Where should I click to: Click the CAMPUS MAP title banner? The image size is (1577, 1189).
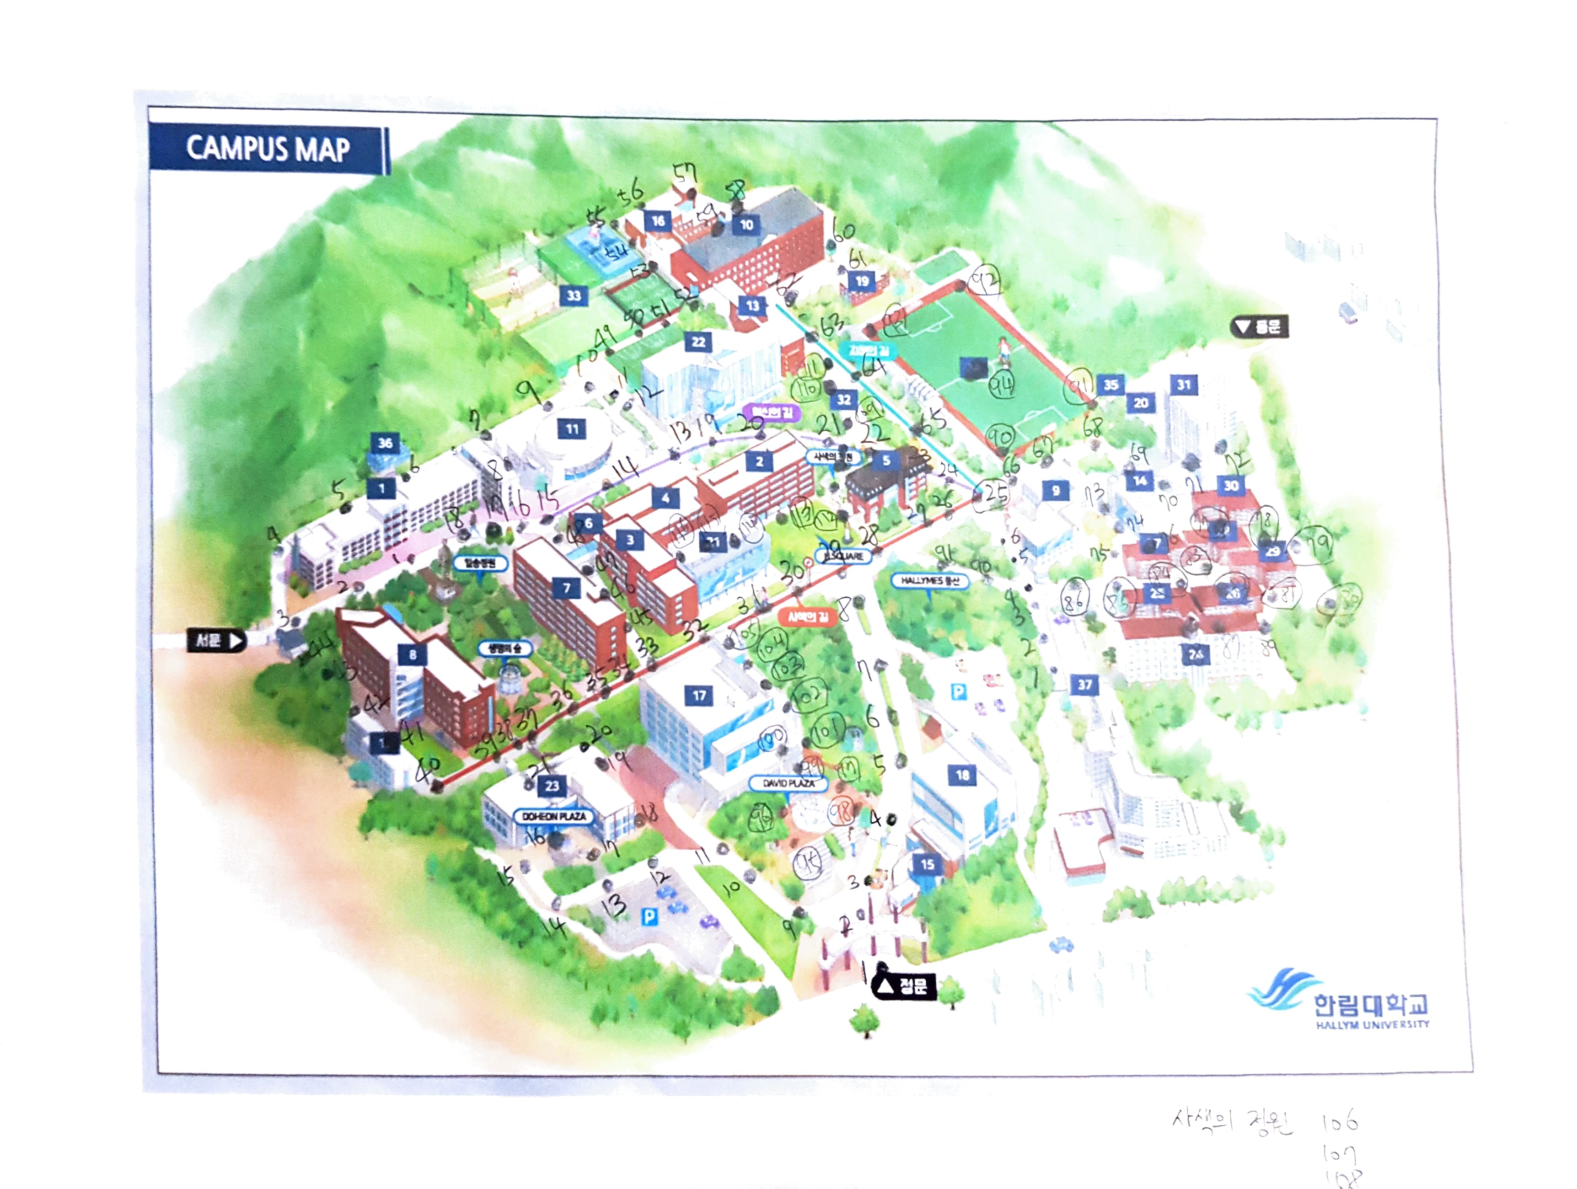pos(268,149)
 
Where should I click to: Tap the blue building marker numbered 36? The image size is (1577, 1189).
pos(385,443)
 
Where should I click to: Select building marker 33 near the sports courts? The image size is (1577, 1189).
pos(574,295)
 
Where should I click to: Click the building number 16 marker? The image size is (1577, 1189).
pos(658,221)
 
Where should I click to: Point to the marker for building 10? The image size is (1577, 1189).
pos(746,225)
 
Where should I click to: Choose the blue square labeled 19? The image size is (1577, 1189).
pos(863,281)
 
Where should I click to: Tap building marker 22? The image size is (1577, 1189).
pos(699,342)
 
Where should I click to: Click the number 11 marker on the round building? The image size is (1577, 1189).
pos(572,429)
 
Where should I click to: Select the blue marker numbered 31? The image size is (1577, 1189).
pos(1184,385)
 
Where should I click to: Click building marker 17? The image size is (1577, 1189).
pos(699,696)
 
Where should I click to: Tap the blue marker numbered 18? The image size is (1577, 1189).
pos(962,775)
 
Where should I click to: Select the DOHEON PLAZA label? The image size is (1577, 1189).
pos(554,816)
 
